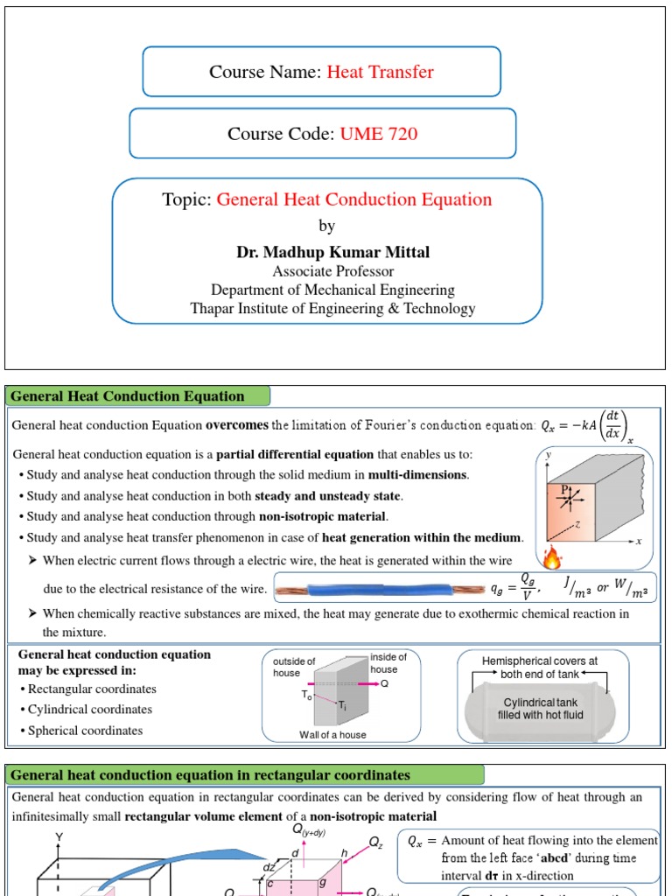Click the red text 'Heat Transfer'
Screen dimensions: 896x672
380,72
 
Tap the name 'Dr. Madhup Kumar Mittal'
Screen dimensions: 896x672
332,252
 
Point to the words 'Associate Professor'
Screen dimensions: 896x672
332,271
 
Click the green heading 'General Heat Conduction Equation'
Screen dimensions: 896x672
128,396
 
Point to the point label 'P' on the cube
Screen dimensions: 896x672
566,488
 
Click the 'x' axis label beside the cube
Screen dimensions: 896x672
639,542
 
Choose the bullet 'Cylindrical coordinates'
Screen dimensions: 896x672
89,710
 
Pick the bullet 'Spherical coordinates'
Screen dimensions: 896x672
85,731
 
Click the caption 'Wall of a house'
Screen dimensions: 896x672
332,734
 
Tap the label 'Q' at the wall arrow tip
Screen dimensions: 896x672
384,684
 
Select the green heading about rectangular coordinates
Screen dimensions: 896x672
210,775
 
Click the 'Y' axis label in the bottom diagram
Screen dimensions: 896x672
59,837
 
